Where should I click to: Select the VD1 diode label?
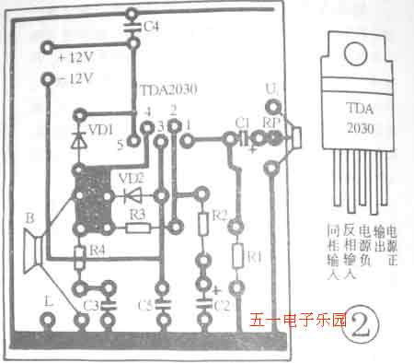coord(103,127)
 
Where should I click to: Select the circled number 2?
coord(361,325)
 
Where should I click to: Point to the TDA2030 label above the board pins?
coord(170,91)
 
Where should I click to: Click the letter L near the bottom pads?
coord(48,299)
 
